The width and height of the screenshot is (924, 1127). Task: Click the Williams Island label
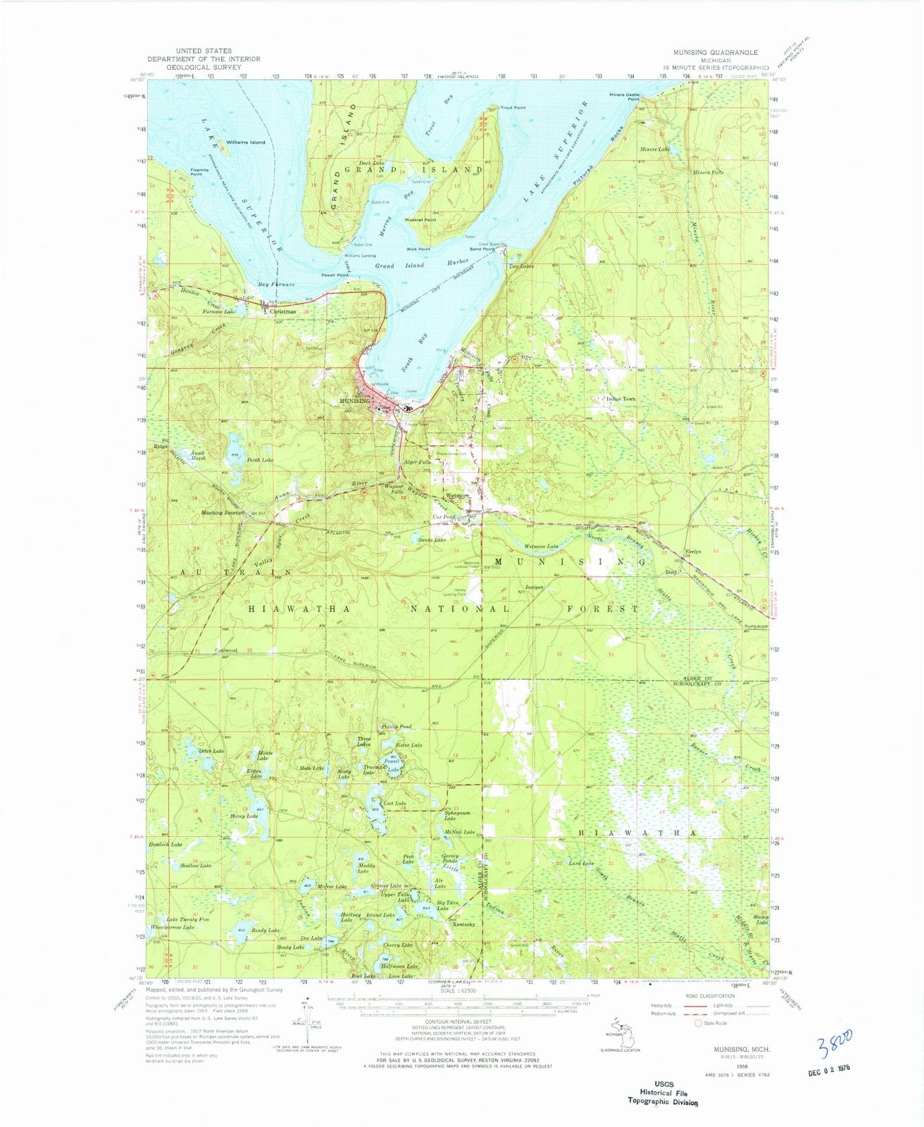coord(246,142)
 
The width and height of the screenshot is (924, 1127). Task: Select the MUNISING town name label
coord(354,401)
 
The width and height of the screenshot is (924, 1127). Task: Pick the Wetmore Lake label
coord(542,547)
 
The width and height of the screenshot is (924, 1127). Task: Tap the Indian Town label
coord(621,399)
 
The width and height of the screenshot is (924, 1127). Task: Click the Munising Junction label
coord(223,513)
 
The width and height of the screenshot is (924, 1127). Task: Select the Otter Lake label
coord(211,752)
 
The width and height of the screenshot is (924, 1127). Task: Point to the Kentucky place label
coord(466,924)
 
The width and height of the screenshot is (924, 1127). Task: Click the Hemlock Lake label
coord(166,844)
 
